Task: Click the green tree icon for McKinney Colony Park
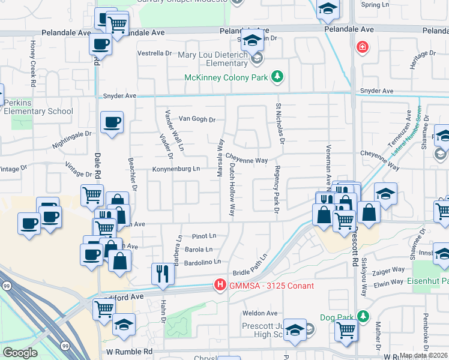[277, 76]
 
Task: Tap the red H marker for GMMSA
[220, 284]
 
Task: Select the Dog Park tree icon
[363, 315]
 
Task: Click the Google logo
[20, 353]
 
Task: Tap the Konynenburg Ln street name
[176, 169]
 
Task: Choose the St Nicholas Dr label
[279, 123]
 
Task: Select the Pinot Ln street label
[203, 236]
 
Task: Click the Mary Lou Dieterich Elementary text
[213, 59]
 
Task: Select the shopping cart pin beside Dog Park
[346, 331]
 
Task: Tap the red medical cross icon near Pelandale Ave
[362, 46]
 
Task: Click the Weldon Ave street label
[260, 313]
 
